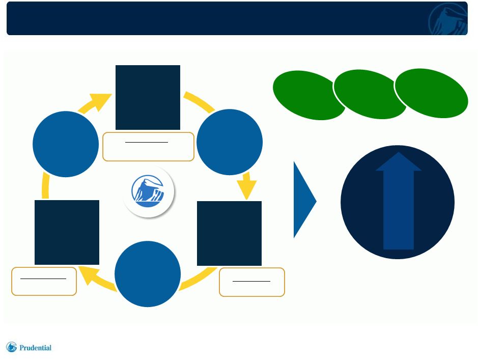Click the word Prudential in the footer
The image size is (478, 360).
click(35, 348)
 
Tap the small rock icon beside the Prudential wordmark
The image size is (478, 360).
click(11, 347)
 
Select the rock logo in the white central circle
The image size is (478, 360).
click(148, 191)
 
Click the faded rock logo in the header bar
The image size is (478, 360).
click(448, 19)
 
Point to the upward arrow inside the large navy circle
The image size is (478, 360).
click(399, 201)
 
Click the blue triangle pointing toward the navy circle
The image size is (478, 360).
click(305, 200)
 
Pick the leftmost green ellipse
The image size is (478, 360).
click(309, 95)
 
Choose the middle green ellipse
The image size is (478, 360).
click(370, 94)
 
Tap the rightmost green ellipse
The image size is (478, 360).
click(431, 93)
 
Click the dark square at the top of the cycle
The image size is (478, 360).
click(148, 97)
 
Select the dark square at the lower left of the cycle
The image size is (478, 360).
click(67, 232)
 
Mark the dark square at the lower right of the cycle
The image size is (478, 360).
click(229, 233)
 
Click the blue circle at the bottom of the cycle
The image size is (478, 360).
click(148, 274)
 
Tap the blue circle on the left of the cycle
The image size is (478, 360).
click(66, 144)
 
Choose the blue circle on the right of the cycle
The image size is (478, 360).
click(230, 142)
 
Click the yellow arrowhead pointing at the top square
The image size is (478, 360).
click(101, 101)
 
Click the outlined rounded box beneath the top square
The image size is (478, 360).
click(149, 147)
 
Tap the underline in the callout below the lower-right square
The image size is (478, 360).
click(251, 281)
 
